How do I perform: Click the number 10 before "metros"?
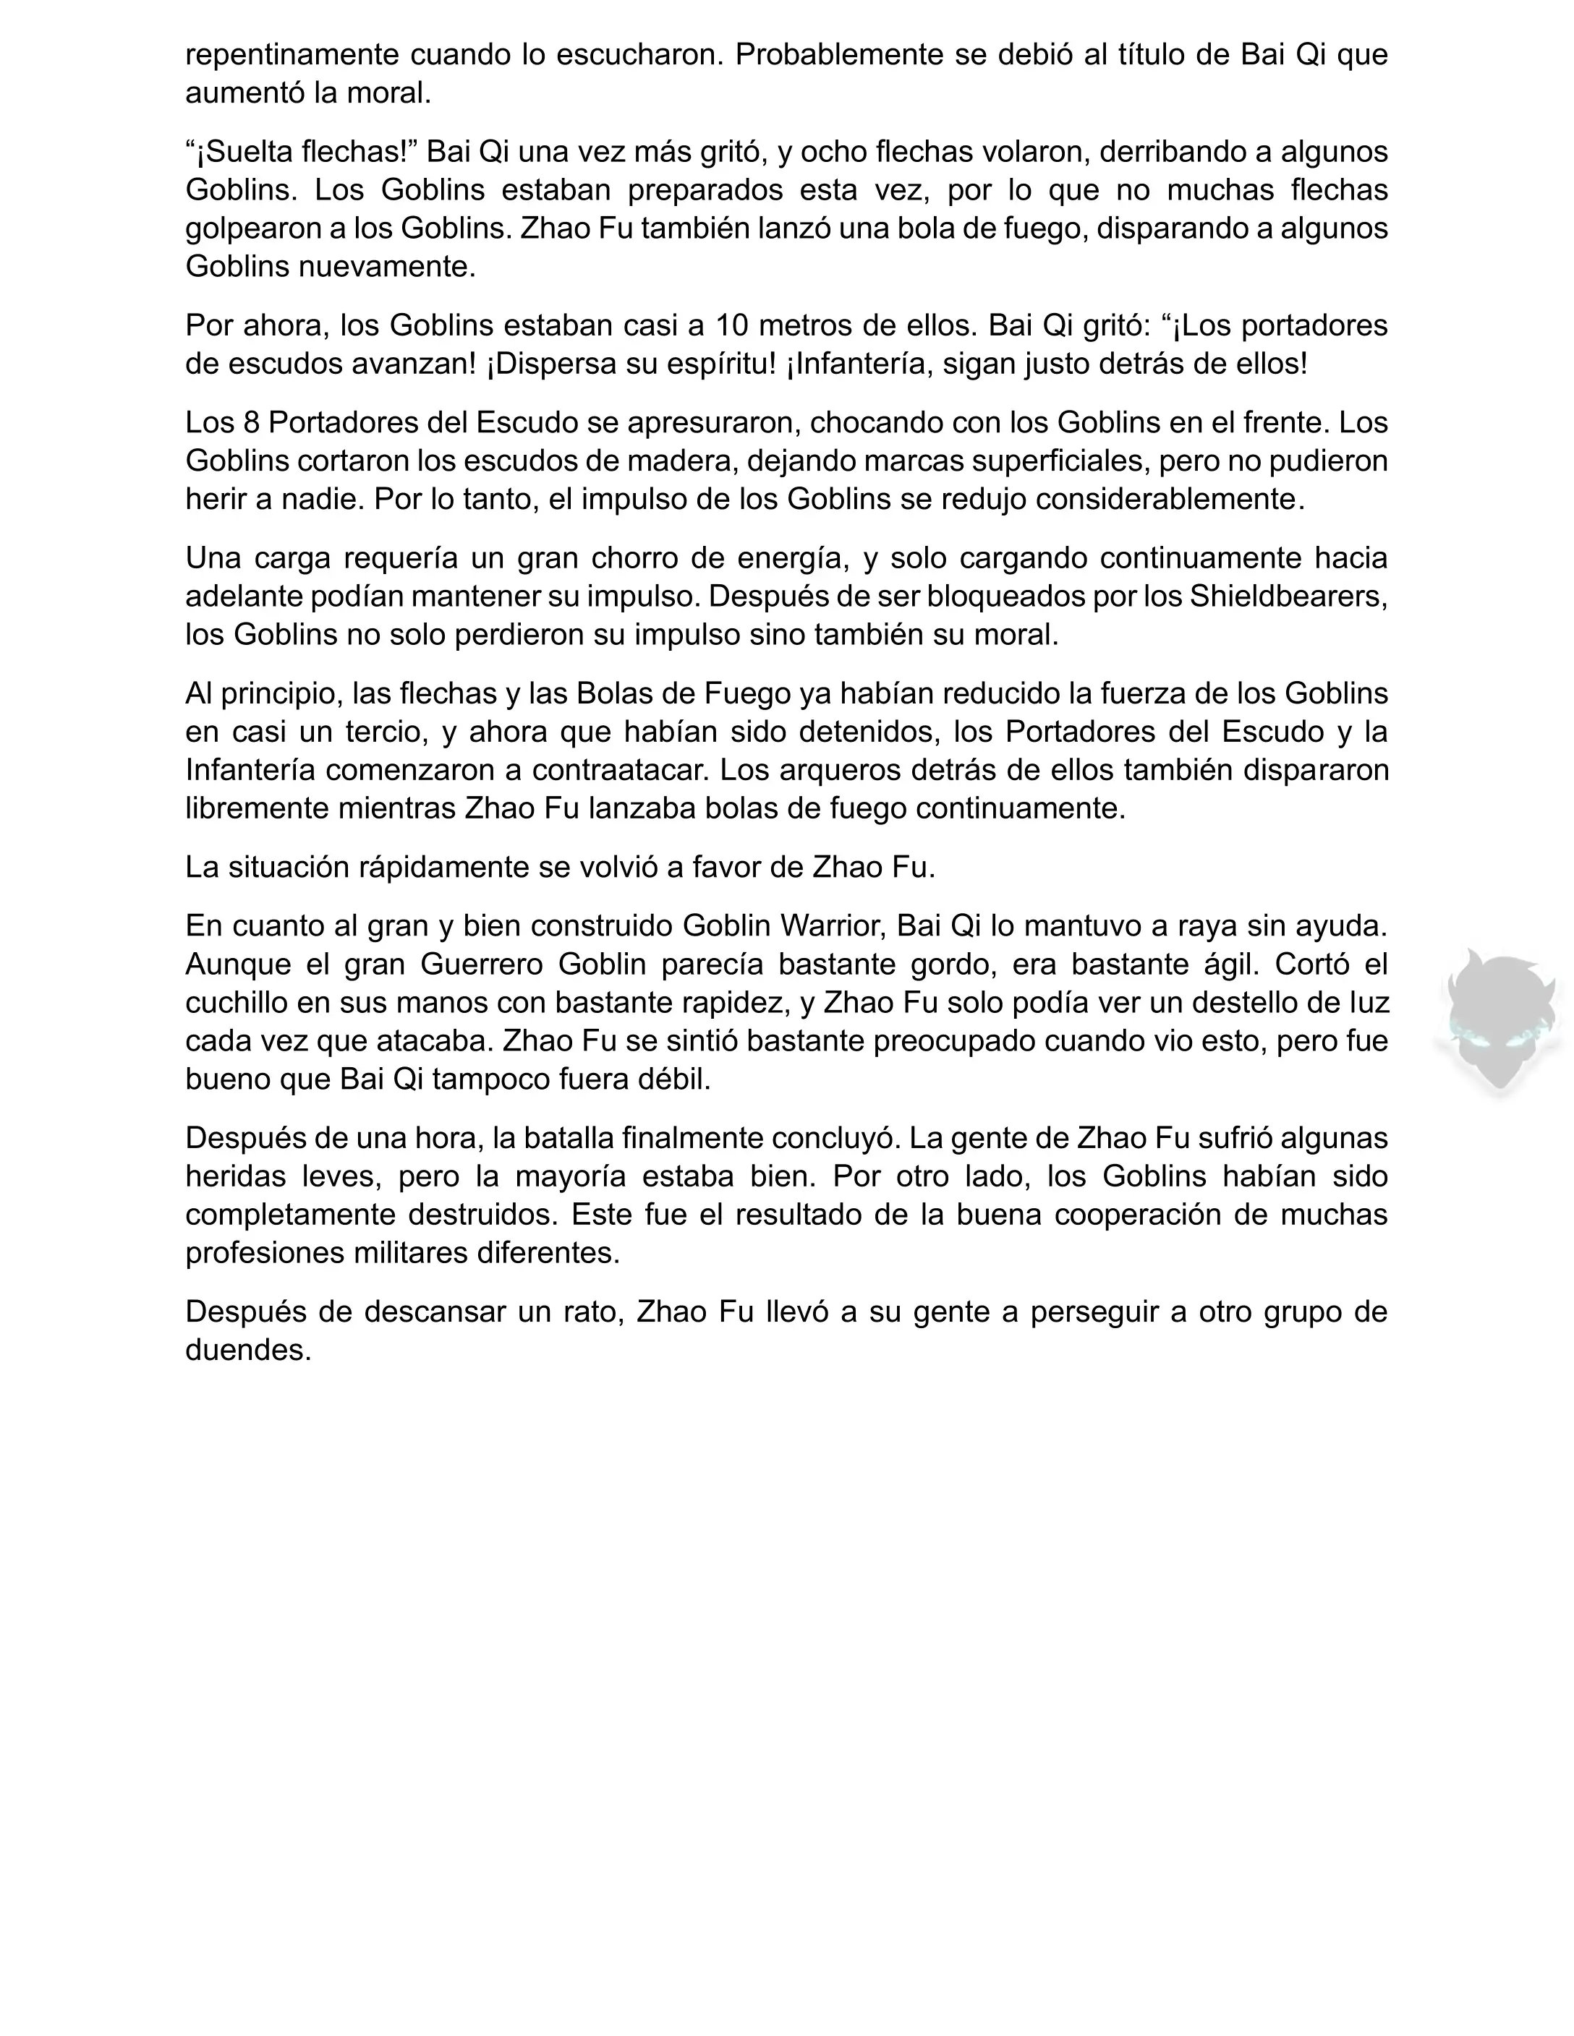733,326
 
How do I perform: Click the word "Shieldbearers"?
1287,596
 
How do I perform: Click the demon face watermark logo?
1499,1022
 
